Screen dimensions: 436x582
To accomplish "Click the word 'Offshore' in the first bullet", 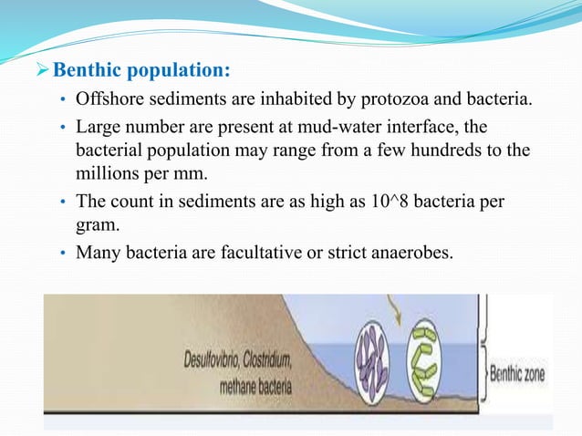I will pyautogui.click(x=109, y=99).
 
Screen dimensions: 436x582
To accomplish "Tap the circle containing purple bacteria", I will pyautogui.click(x=369, y=366).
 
